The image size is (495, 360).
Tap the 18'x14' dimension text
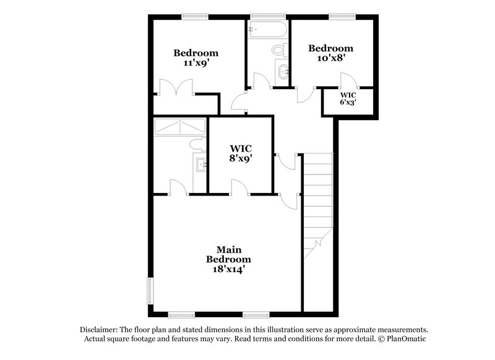pyautogui.click(x=228, y=269)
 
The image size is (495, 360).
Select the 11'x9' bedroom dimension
pyautogui.click(x=196, y=62)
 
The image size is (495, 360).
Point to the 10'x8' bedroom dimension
pyautogui.click(x=331, y=58)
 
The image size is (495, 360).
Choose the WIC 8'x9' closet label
pyautogui.click(x=240, y=153)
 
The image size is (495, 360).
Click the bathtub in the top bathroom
pyautogui.click(x=267, y=30)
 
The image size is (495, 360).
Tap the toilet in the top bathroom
pyautogui.click(x=279, y=49)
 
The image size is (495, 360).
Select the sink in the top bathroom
pyautogui.click(x=284, y=72)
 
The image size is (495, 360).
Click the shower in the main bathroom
pyautogui.click(x=180, y=127)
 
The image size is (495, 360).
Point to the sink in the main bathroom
pyautogui.click(x=200, y=165)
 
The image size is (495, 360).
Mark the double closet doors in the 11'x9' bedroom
pyautogui.click(x=176, y=87)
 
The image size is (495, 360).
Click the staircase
pyautogui.click(x=318, y=204)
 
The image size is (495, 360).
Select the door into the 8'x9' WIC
pyautogui.click(x=239, y=187)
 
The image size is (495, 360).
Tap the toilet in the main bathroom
pyautogui.click(x=197, y=144)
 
